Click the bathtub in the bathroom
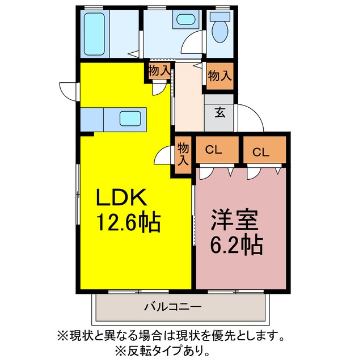[94, 34]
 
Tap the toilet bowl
[220, 32]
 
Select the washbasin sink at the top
[185, 19]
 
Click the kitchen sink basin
[130, 119]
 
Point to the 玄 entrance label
[220, 112]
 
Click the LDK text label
[121, 197]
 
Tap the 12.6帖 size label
[129, 222]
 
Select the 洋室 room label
[234, 220]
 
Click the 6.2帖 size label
[237, 245]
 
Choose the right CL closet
[265, 150]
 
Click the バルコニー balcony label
[173, 307]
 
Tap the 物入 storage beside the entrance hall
[220, 75]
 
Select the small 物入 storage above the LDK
[159, 71]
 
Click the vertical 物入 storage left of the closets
[183, 155]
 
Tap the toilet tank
[220, 16]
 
